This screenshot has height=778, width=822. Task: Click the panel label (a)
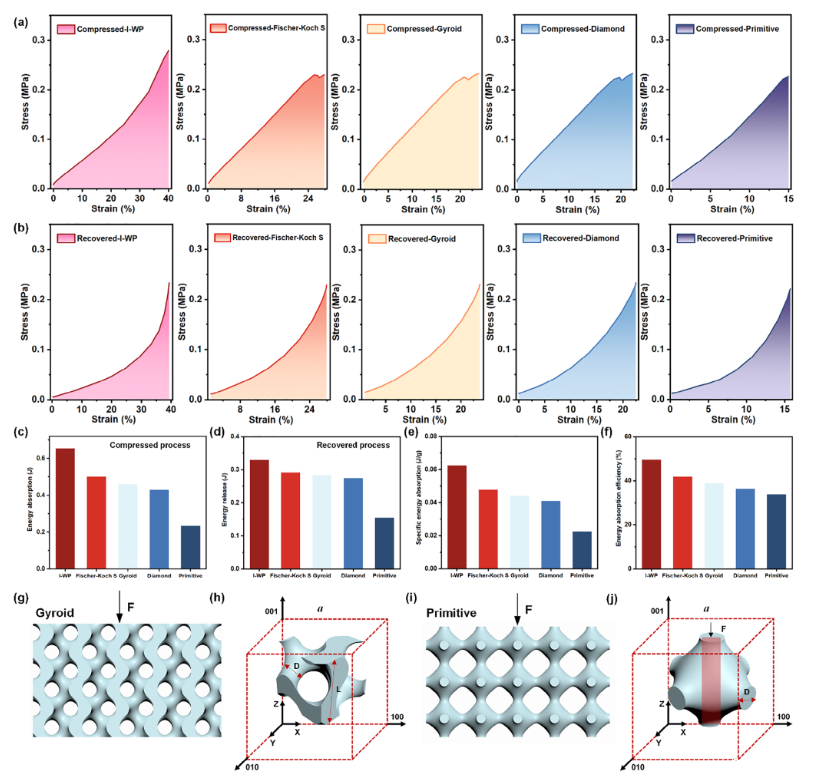pyautogui.click(x=14, y=12)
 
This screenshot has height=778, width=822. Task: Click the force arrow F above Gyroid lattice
pyautogui.click(x=119, y=609)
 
